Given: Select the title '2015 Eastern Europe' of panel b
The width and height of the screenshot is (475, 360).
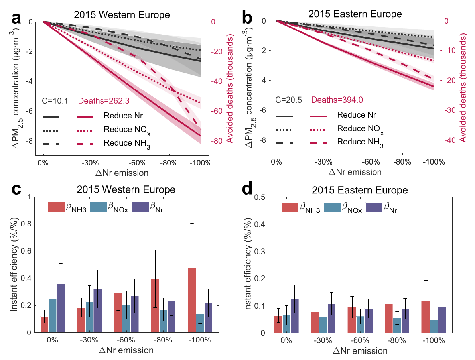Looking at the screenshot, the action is pyautogui.click(x=355, y=14).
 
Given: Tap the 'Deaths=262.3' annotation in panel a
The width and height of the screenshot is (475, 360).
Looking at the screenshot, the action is pyautogui.click(x=104, y=100).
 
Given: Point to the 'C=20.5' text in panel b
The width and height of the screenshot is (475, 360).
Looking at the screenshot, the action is pyautogui.click(x=288, y=100).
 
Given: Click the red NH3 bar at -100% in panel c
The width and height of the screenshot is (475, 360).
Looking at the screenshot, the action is pyautogui.click(x=192, y=300).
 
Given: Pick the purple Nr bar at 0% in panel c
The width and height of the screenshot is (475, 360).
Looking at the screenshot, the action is pyautogui.click(x=61, y=308).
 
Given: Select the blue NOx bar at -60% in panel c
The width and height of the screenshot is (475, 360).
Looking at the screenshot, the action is pyautogui.click(x=126, y=319).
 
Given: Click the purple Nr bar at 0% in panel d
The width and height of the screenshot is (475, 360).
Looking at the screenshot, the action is pyautogui.click(x=294, y=316).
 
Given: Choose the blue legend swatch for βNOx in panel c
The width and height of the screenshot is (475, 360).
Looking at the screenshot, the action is pyautogui.click(x=99, y=207).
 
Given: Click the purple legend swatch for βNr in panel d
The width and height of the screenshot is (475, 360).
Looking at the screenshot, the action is pyautogui.click(x=374, y=207).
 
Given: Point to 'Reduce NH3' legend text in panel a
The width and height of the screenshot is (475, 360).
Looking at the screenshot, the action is pyautogui.click(x=127, y=144).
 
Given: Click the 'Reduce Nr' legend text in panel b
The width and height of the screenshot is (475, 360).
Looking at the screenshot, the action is pyautogui.click(x=357, y=115).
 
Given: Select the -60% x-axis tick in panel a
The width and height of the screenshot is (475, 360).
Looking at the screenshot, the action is pyautogui.click(x=138, y=163).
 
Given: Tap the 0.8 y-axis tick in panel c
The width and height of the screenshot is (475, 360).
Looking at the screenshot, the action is pyautogui.click(x=26, y=224).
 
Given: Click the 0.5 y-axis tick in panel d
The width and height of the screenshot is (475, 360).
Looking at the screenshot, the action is pyautogui.click(x=259, y=197).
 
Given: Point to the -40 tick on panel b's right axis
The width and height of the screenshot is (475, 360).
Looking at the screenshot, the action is pyautogui.click(x=450, y=140).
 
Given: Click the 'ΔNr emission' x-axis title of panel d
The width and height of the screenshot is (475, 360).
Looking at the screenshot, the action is pyautogui.click(x=360, y=351).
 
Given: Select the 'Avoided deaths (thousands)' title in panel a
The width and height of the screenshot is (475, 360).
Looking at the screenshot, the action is pyautogui.click(x=230, y=89).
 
